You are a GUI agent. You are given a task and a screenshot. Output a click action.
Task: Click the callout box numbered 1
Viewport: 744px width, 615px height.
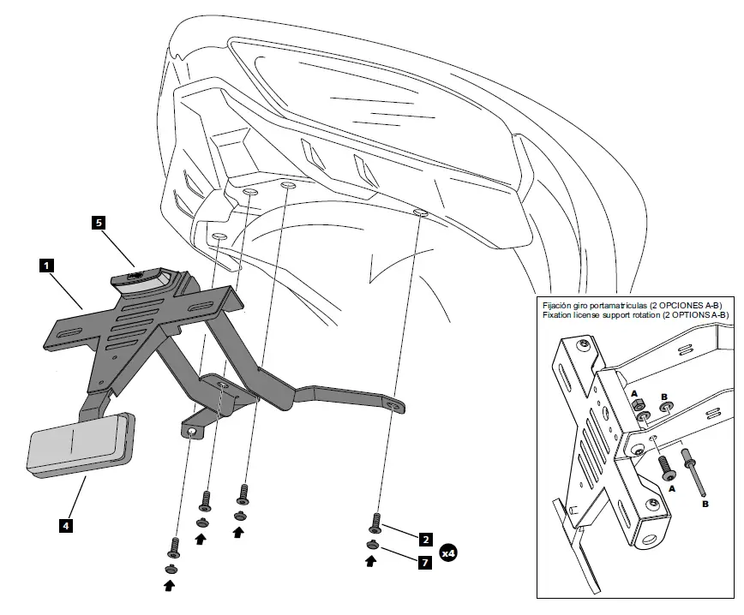45,266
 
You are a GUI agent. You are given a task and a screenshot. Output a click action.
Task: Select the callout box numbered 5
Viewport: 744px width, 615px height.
99,223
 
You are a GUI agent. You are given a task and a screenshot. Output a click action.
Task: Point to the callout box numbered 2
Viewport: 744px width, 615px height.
425,540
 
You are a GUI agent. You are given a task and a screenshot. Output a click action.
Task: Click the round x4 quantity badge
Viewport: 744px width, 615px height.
448,552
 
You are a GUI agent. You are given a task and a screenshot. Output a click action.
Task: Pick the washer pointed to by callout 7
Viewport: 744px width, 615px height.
374,545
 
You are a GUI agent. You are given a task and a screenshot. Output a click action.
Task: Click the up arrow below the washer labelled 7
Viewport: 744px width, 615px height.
370,563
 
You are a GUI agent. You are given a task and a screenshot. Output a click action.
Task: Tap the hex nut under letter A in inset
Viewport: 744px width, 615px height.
637,406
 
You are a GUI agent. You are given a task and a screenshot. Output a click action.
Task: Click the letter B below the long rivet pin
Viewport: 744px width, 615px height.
705,505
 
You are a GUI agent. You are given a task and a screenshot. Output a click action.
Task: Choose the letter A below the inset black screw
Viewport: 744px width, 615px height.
671,487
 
